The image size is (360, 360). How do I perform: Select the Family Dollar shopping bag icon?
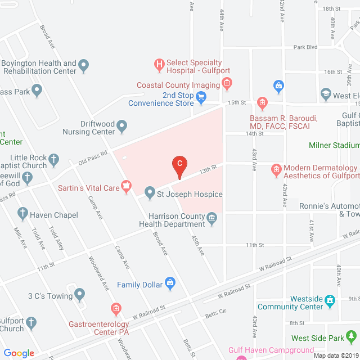pos(170,284)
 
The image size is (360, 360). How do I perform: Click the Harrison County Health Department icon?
pos(212,218)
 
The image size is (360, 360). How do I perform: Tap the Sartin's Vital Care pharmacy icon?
pos(127,186)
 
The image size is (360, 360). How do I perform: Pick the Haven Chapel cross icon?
pos(22,214)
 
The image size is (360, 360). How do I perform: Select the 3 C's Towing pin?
pos(79,294)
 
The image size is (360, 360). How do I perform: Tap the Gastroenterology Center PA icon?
pos(115,309)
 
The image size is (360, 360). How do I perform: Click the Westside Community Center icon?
pos(330,303)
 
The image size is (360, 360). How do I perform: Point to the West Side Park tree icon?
pos(352,337)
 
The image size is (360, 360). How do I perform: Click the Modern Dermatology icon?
pos(276,169)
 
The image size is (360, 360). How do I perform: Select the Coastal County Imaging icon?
pos(227,85)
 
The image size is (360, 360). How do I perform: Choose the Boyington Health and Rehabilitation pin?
pos(84,67)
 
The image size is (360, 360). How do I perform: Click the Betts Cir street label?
pos(215,312)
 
